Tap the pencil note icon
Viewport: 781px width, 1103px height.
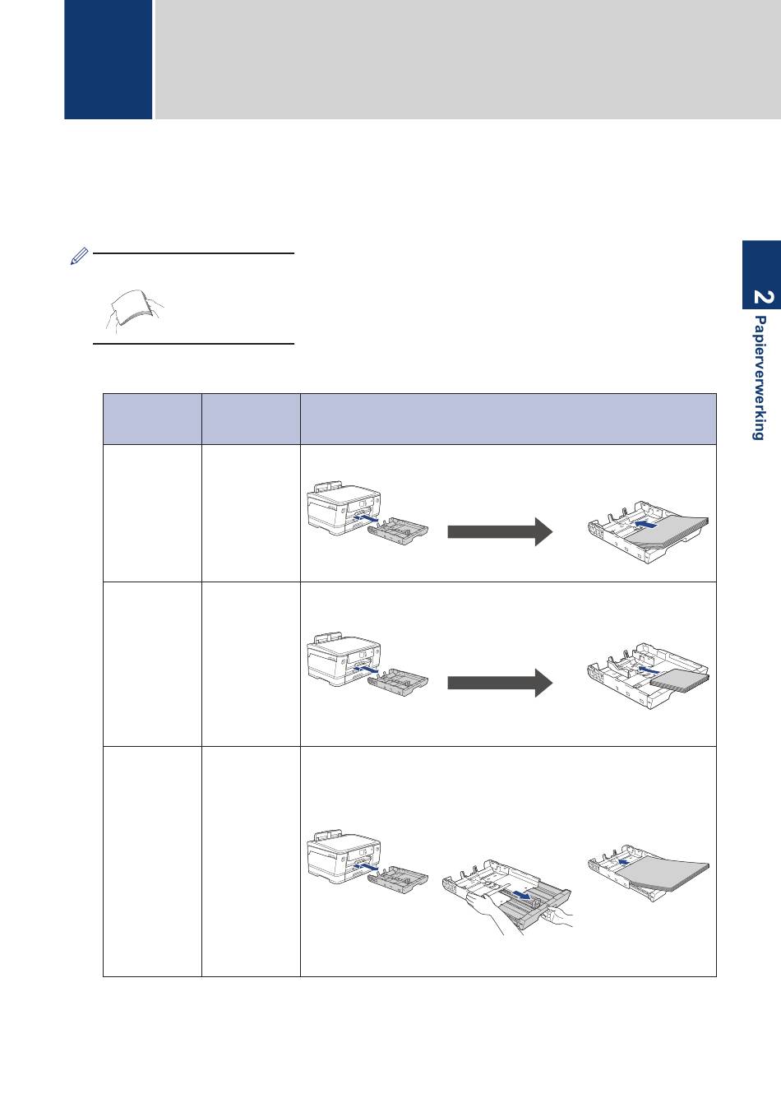click(x=77, y=257)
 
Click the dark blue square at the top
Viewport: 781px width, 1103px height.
click(x=108, y=59)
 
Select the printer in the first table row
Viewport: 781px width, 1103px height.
click(x=343, y=511)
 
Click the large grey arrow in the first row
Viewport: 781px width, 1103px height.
click(x=498, y=531)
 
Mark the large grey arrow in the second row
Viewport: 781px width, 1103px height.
click(x=498, y=682)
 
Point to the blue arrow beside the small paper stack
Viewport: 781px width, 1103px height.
click(x=649, y=671)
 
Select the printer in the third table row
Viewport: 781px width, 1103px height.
click(x=343, y=856)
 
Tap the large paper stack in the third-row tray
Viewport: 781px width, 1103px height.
click(x=664, y=874)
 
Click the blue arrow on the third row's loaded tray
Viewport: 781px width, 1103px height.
click(x=626, y=862)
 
